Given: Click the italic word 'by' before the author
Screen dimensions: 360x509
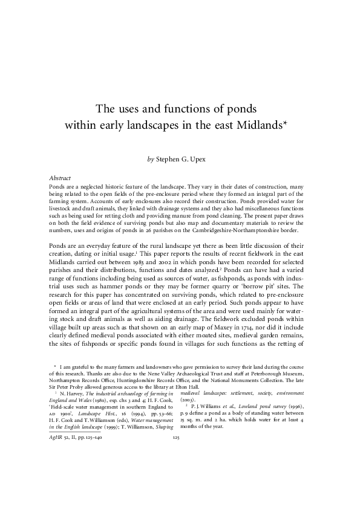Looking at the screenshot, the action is [x=151, y=160].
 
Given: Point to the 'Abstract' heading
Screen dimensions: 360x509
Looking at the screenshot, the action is [x=60, y=179].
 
